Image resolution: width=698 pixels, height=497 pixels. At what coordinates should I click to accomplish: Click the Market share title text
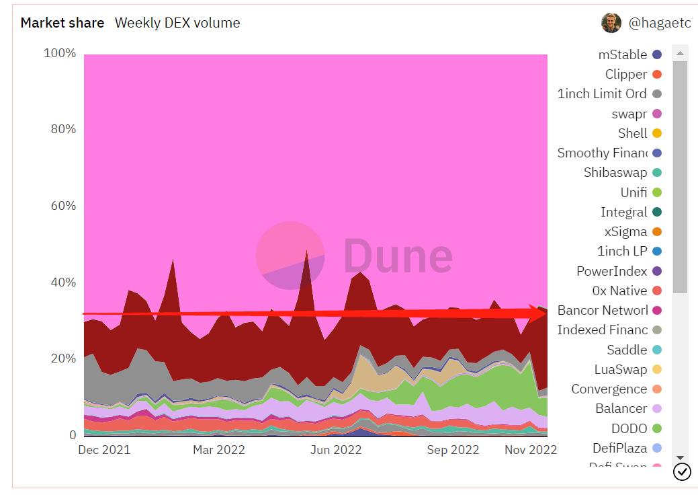[x=62, y=23]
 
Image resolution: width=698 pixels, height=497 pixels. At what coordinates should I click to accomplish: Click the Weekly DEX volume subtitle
[x=177, y=23]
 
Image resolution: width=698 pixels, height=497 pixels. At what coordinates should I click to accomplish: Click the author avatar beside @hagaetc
[x=611, y=23]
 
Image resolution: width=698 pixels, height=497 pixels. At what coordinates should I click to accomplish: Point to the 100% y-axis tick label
[x=60, y=53]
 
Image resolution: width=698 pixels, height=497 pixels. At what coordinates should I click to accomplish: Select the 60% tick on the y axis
[x=63, y=206]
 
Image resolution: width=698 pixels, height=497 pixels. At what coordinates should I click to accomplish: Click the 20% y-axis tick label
[x=63, y=358]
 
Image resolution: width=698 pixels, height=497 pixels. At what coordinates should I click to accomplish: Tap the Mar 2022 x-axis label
[x=218, y=450]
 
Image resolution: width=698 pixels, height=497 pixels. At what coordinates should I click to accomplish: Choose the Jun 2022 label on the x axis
[x=335, y=450]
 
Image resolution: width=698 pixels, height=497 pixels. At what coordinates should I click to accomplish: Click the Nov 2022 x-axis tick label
[x=531, y=450]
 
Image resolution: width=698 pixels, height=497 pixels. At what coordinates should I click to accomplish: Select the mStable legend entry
[x=623, y=55]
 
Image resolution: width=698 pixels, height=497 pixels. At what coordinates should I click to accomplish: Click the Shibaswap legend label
[x=615, y=173]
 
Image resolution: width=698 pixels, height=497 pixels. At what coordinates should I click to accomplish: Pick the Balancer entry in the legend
[x=621, y=409]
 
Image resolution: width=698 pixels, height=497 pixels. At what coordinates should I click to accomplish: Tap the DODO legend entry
[x=629, y=428]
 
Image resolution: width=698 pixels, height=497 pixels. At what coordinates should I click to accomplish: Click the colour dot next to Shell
[x=657, y=134]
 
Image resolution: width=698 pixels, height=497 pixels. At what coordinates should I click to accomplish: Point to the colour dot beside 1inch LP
[x=657, y=252]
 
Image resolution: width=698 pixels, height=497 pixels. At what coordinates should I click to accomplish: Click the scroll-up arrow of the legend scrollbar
[x=680, y=53]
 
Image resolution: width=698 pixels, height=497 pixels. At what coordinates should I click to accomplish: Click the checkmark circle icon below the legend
[x=682, y=472]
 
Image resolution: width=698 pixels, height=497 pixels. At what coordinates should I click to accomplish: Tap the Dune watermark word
[x=398, y=256]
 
